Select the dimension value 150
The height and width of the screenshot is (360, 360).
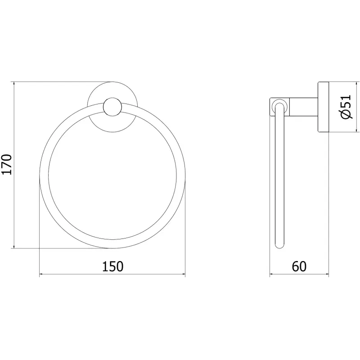click(x=112, y=266)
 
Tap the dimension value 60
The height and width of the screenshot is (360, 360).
click(x=299, y=266)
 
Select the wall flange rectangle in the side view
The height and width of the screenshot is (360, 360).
click(x=324, y=108)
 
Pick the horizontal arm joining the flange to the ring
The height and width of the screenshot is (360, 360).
click(x=302, y=107)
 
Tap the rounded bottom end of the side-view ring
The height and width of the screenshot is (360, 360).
click(x=279, y=245)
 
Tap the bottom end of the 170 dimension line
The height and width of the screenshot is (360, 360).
click(x=15, y=247)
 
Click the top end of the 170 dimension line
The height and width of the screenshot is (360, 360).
click(x=15, y=82)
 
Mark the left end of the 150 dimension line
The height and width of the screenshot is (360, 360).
click(x=40, y=274)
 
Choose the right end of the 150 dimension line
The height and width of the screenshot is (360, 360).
click(x=185, y=274)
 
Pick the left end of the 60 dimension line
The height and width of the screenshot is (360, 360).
click(x=270, y=274)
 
